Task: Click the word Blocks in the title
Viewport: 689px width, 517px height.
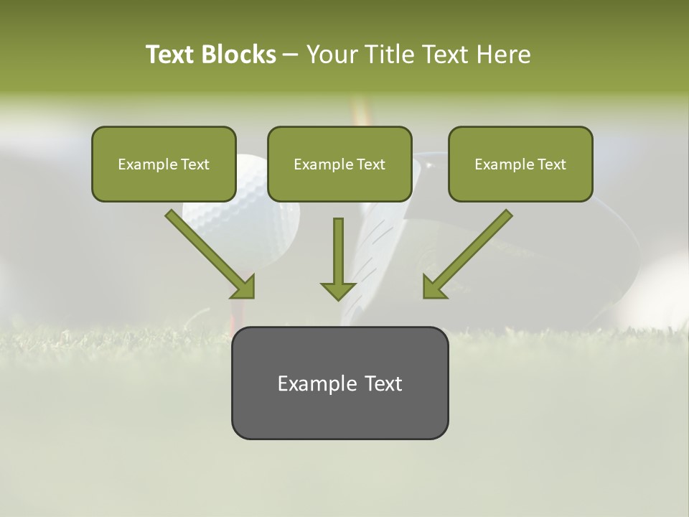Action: click(239, 55)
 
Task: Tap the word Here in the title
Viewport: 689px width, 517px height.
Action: click(505, 55)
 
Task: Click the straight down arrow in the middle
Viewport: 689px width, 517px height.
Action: click(338, 258)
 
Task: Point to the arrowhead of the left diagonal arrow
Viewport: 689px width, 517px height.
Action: click(244, 288)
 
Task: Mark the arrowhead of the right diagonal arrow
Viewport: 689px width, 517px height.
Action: click(433, 288)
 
